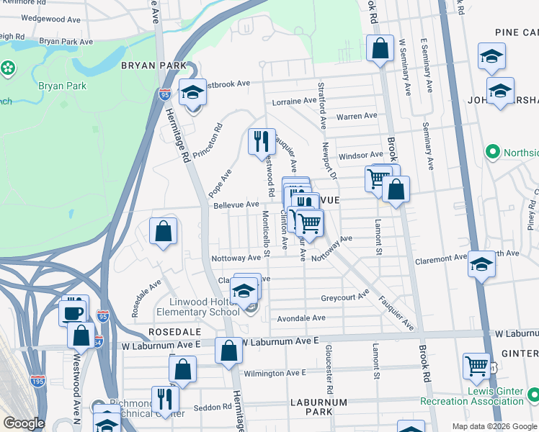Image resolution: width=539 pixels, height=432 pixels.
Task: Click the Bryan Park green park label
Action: tap(62, 86)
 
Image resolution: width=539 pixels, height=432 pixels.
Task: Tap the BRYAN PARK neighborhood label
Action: tap(148, 66)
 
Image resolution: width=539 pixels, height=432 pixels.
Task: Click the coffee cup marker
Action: tap(73, 312)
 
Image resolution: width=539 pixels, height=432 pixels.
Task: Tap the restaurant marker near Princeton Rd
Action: tap(262, 141)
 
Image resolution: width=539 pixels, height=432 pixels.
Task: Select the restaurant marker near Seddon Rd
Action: tap(165, 399)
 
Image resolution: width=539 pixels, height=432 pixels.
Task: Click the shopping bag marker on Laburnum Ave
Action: tap(228, 351)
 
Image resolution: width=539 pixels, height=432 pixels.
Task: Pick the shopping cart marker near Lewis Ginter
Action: tap(476, 366)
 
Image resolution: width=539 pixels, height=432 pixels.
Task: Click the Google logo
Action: tap(24, 423)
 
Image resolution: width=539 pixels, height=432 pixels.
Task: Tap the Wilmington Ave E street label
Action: tap(275, 373)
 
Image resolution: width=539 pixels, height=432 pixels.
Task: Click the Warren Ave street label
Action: tap(357, 116)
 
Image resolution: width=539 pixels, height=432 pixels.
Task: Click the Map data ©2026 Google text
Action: tap(494, 426)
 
